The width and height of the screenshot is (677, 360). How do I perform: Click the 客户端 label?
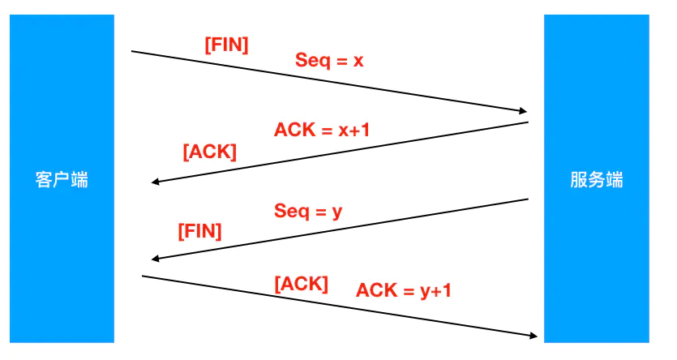(x=62, y=179)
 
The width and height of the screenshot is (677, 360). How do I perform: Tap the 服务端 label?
(x=597, y=179)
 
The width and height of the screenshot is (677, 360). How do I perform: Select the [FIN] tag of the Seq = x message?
(x=226, y=45)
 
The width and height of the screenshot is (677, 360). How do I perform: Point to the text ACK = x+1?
(x=322, y=130)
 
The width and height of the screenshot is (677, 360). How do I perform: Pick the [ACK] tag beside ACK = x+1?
(x=210, y=152)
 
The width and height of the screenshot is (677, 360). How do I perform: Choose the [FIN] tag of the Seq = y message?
(x=199, y=231)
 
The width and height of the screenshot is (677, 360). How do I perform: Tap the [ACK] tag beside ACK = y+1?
(x=302, y=284)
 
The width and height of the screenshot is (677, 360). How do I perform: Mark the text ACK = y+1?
(x=403, y=289)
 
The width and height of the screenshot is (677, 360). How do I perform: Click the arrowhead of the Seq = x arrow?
(x=523, y=112)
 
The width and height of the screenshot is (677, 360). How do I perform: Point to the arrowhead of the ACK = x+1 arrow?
(x=156, y=182)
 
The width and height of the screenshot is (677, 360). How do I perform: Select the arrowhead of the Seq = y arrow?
(x=156, y=259)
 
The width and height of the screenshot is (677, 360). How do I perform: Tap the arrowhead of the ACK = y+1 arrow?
(x=533, y=335)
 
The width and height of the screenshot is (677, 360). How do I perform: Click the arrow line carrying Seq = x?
(x=324, y=81)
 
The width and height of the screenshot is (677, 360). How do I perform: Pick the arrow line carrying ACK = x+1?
(x=341, y=152)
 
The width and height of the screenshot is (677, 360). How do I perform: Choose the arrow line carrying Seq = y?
(x=341, y=229)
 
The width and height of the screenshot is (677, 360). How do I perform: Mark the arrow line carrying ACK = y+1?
(x=341, y=306)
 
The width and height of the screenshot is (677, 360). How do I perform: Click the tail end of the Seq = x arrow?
(x=133, y=52)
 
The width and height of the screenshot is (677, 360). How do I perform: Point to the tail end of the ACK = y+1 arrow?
(x=144, y=276)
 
